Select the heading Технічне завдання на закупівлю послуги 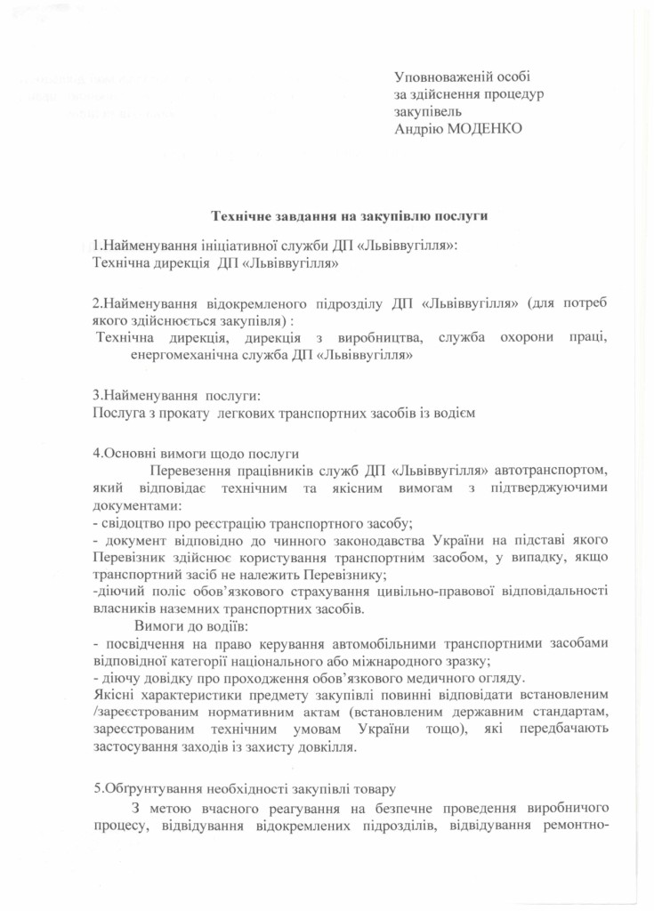pyautogui.click(x=349, y=214)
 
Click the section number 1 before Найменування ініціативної pyautogui.click(x=96, y=245)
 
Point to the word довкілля pyautogui.click(x=327, y=746)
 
